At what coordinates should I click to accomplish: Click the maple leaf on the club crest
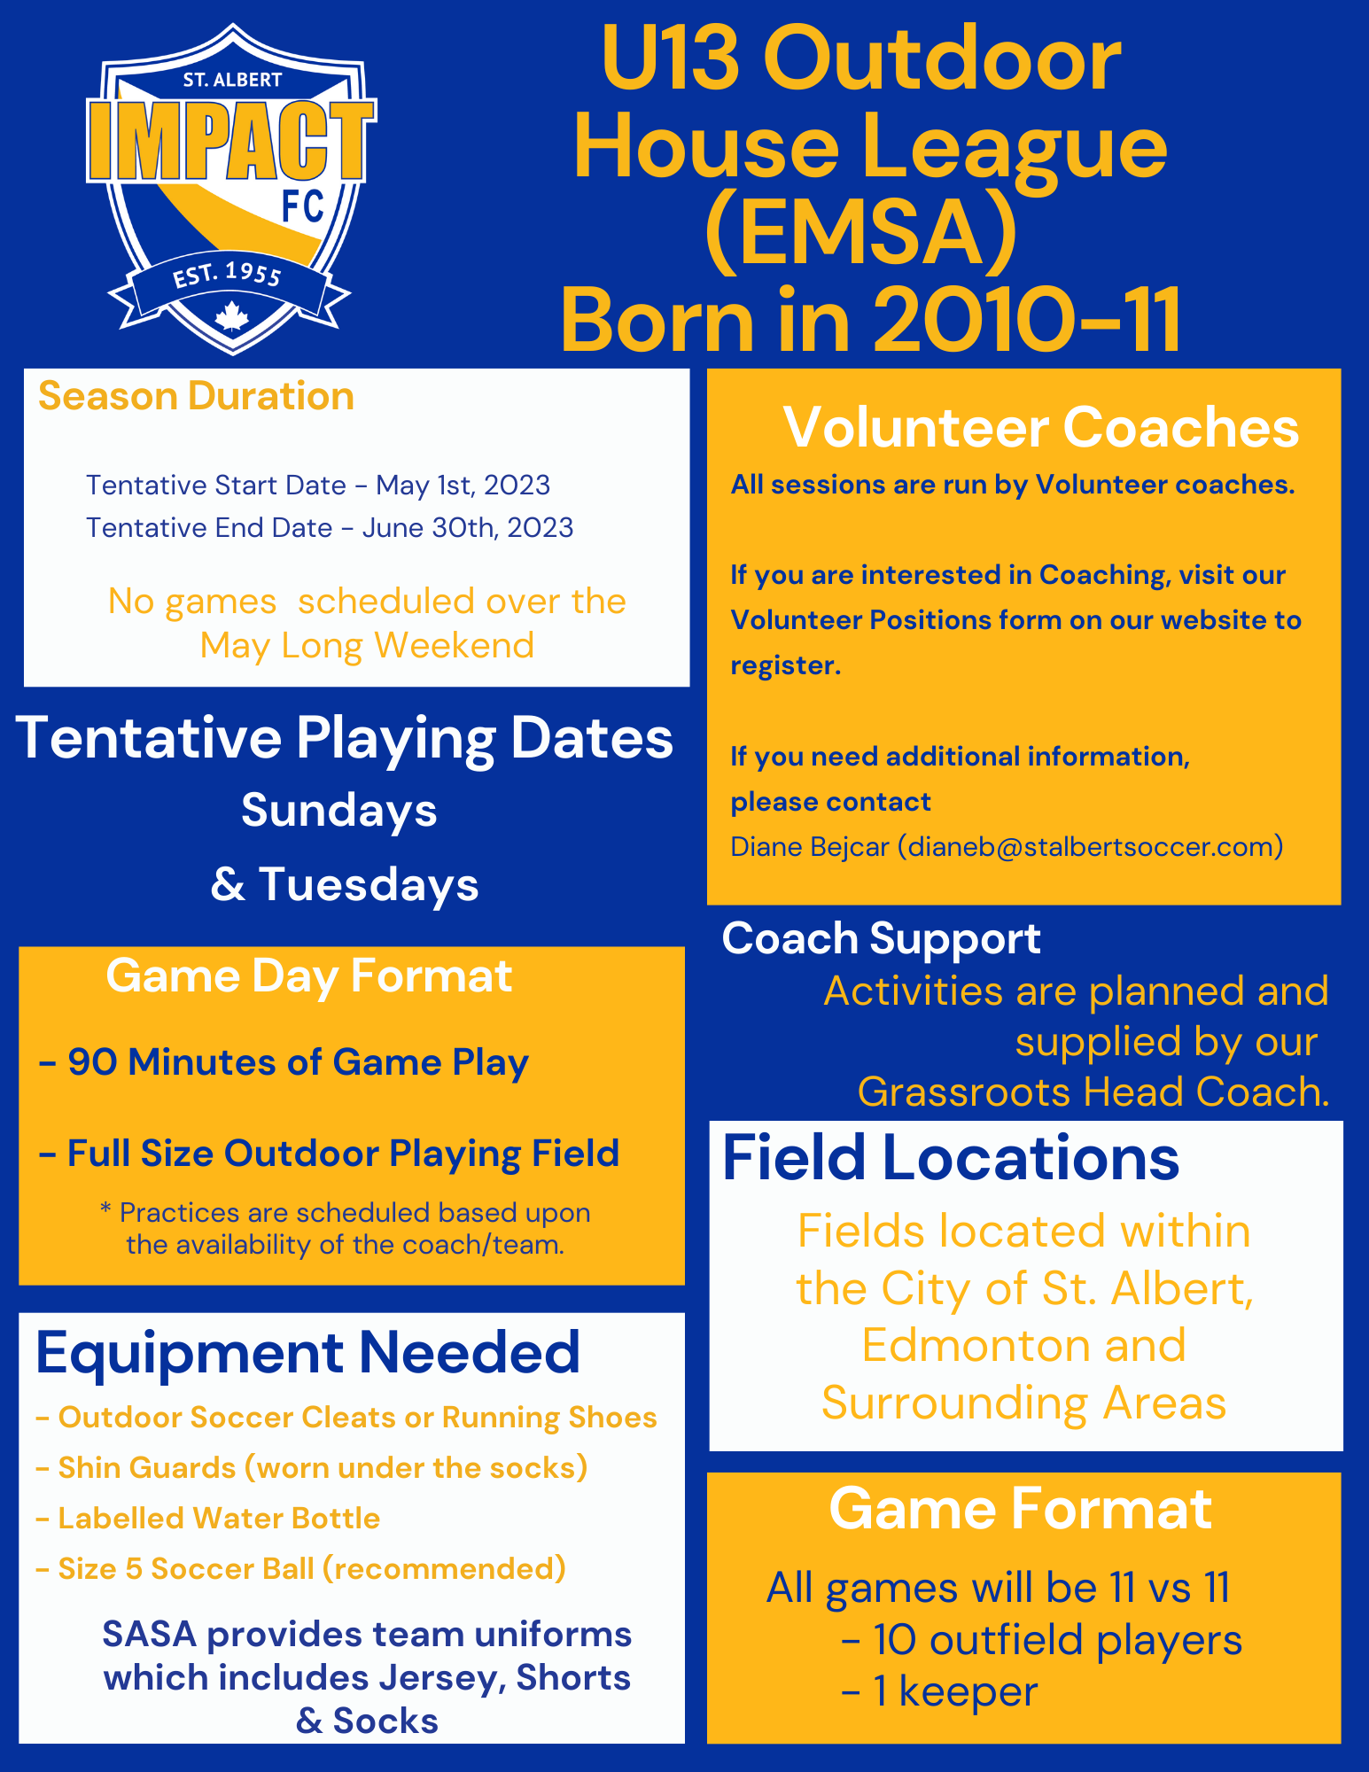[232, 316]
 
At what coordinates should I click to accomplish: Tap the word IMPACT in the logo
[230, 141]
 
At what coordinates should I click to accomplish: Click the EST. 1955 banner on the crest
[229, 282]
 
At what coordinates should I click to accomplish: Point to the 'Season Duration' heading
[196, 396]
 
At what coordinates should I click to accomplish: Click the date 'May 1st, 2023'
[463, 485]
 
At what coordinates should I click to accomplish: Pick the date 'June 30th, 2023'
[467, 527]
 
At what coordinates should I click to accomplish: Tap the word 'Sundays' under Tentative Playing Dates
[339, 811]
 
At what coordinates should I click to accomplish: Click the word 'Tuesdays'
[369, 884]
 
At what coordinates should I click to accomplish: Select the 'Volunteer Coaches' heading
[1041, 428]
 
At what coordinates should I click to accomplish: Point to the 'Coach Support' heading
[881, 939]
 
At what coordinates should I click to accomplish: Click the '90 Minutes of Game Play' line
[284, 1062]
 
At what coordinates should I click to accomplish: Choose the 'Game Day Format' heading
[308, 976]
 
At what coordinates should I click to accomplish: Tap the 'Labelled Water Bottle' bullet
[208, 1518]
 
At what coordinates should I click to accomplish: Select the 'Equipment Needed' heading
[307, 1354]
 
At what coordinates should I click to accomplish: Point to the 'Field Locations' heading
[951, 1158]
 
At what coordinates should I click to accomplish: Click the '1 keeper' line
[940, 1691]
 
